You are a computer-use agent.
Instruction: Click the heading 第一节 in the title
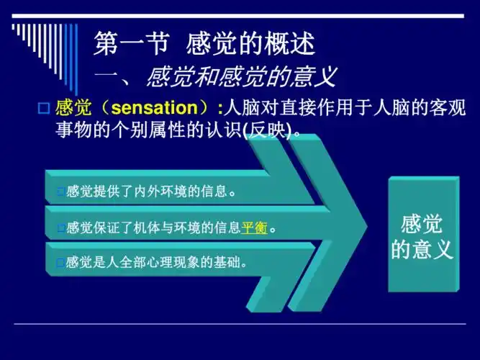pos(130,45)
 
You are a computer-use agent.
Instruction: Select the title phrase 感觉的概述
pos(250,45)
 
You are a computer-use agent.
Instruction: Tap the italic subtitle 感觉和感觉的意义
pos(240,76)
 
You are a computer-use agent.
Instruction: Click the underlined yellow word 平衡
pos(254,228)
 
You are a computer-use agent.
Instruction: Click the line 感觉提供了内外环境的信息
pos(151,192)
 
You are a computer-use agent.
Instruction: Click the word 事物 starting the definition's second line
pos(71,130)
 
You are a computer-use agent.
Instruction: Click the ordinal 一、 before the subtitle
pos(115,76)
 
